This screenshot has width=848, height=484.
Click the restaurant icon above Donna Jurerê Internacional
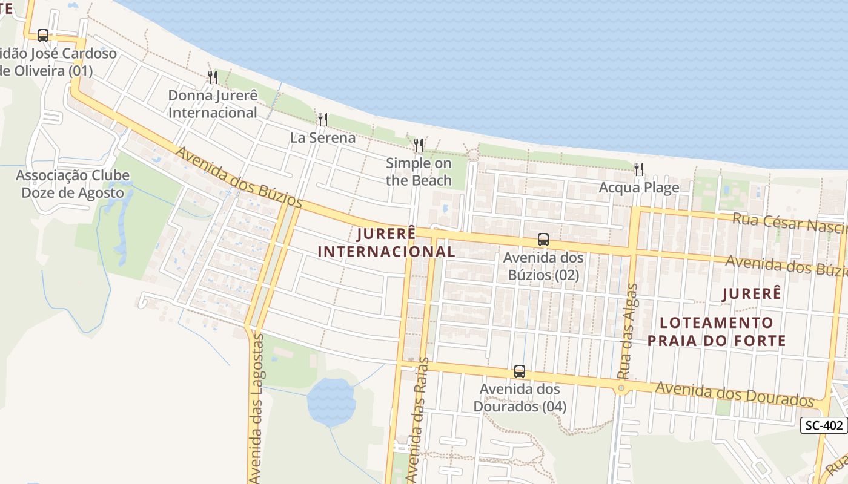tap(213, 77)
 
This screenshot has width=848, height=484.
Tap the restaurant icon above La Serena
tap(323, 120)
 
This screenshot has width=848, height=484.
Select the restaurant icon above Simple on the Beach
tap(419, 145)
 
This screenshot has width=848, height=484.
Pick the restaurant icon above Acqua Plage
tap(639, 169)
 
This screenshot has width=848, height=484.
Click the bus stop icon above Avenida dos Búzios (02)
tap(543, 240)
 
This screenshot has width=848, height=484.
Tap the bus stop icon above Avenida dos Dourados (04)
tap(519, 371)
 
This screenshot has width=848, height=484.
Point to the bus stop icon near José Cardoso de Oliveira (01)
tap(42, 36)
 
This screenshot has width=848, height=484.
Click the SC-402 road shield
tap(824, 425)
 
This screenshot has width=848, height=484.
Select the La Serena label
tap(323, 138)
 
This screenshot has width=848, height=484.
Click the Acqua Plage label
tap(639, 188)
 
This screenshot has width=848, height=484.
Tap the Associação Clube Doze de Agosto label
tap(73, 185)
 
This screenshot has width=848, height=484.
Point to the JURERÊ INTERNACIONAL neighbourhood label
tap(386, 243)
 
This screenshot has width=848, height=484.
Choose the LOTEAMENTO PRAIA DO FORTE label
tap(717, 332)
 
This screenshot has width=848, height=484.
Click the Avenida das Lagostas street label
tap(257, 408)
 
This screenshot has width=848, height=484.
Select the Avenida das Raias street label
tap(417, 420)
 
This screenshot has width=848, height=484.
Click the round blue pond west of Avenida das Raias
tap(331, 401)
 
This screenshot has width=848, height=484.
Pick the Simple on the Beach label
tap(419, 172)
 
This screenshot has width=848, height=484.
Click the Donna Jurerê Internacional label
tap(213, 104)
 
